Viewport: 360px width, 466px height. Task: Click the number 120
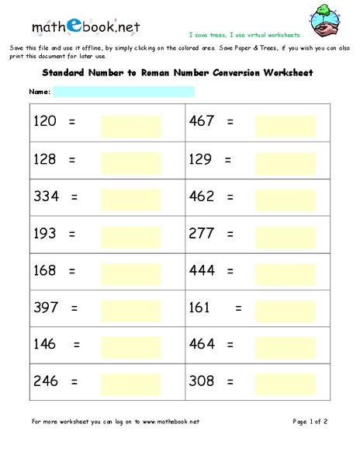click(46, 122)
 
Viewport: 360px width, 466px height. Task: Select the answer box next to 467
click(285, 126)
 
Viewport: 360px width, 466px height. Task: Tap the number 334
click(46, 196)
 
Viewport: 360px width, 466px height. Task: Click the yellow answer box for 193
click(130, 235)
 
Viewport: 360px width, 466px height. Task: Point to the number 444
click(202, 271)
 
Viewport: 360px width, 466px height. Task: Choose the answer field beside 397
click(130, 311)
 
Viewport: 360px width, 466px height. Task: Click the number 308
click(202, 382)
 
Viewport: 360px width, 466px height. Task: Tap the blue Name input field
click(123, 92)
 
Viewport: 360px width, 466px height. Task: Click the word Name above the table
click(40, 92)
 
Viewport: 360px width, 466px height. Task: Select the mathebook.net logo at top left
click(85, 26)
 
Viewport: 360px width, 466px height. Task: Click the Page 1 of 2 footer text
click(310, 422)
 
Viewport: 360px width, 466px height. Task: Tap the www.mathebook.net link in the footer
click(169, 422)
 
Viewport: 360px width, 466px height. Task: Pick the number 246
click(46, 382)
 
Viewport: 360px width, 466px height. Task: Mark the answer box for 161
click(285, 311)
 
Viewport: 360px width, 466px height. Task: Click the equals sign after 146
click(76, 345)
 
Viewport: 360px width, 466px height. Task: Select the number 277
click(202, 234)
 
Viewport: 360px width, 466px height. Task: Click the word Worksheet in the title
click(288, 74)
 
